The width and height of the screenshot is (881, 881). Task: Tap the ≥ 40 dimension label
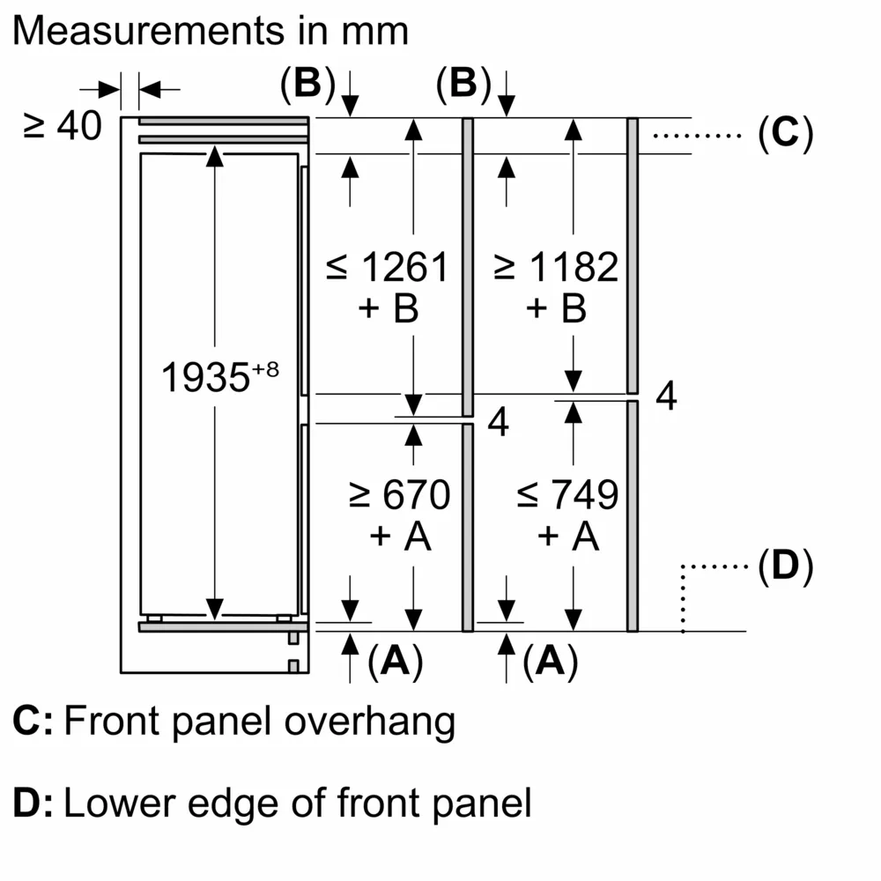[59, 127]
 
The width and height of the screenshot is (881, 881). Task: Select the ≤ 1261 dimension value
[388, 267]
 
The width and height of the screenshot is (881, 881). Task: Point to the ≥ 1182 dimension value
[556, 267]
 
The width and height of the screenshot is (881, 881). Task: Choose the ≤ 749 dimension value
[568, 495]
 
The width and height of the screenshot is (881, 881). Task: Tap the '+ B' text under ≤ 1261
[388, 308]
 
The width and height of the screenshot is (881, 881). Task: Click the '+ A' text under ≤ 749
[568, 536]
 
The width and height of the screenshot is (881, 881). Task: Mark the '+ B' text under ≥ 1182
[556, 308]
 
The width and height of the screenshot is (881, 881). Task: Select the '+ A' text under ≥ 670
[400, 536]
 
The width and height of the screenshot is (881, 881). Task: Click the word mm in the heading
[378, 31]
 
